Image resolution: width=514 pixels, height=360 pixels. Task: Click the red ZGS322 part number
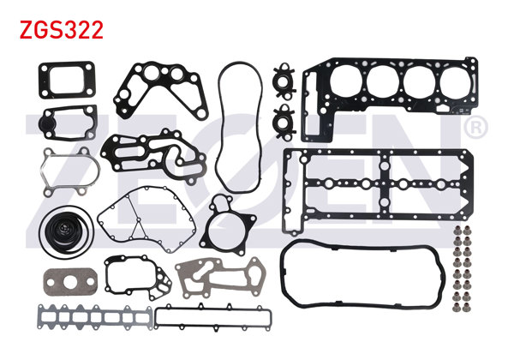(62, 31)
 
